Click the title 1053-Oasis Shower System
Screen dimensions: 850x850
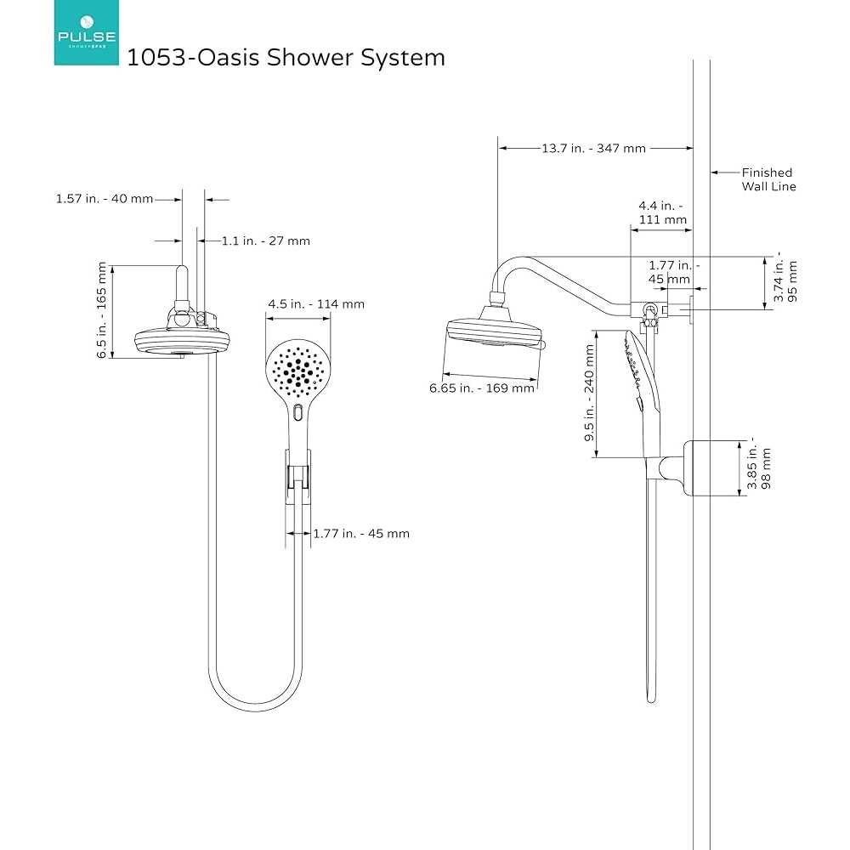(286, 58)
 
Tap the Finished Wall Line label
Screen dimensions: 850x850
(768, 179)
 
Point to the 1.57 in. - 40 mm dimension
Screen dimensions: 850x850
(105, 199)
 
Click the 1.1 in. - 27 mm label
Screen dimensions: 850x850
(266, 241)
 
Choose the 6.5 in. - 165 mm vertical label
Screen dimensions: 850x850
(103, 310)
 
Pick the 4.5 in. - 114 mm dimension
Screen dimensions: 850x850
(315, 303)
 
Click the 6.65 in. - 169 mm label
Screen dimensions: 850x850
(483, 388)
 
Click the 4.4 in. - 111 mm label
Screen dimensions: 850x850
(662, 212)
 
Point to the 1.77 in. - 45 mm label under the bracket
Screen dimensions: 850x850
(361, 534)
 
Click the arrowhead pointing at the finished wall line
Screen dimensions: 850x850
(716, 173)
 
